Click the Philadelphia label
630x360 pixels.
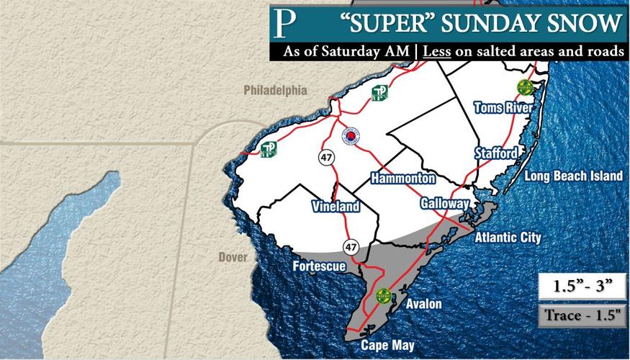275,91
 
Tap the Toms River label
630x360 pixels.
503,108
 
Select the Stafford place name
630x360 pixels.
495,153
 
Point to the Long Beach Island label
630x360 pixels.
572,176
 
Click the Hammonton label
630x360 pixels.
402,178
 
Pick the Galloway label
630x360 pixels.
445,204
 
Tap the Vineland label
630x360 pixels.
336,207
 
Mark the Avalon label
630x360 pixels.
424,304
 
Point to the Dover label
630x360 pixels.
233,257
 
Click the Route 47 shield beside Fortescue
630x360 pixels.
351,248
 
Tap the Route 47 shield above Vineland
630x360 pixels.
328,158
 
